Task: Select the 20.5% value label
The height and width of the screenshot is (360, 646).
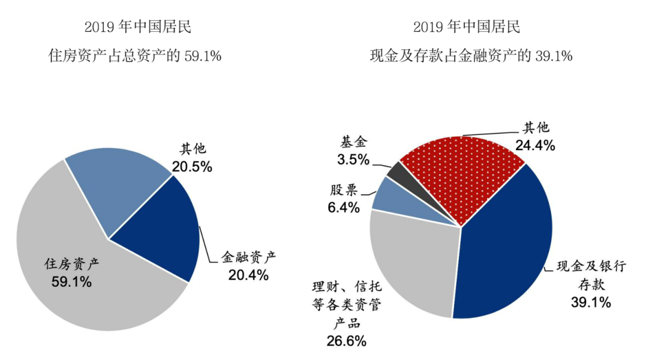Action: [192, 166]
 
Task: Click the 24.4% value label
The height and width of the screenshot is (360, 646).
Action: [535, 145]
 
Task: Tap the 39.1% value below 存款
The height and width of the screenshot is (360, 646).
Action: [591, 302]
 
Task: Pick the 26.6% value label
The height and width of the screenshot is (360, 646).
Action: [347, 341]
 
